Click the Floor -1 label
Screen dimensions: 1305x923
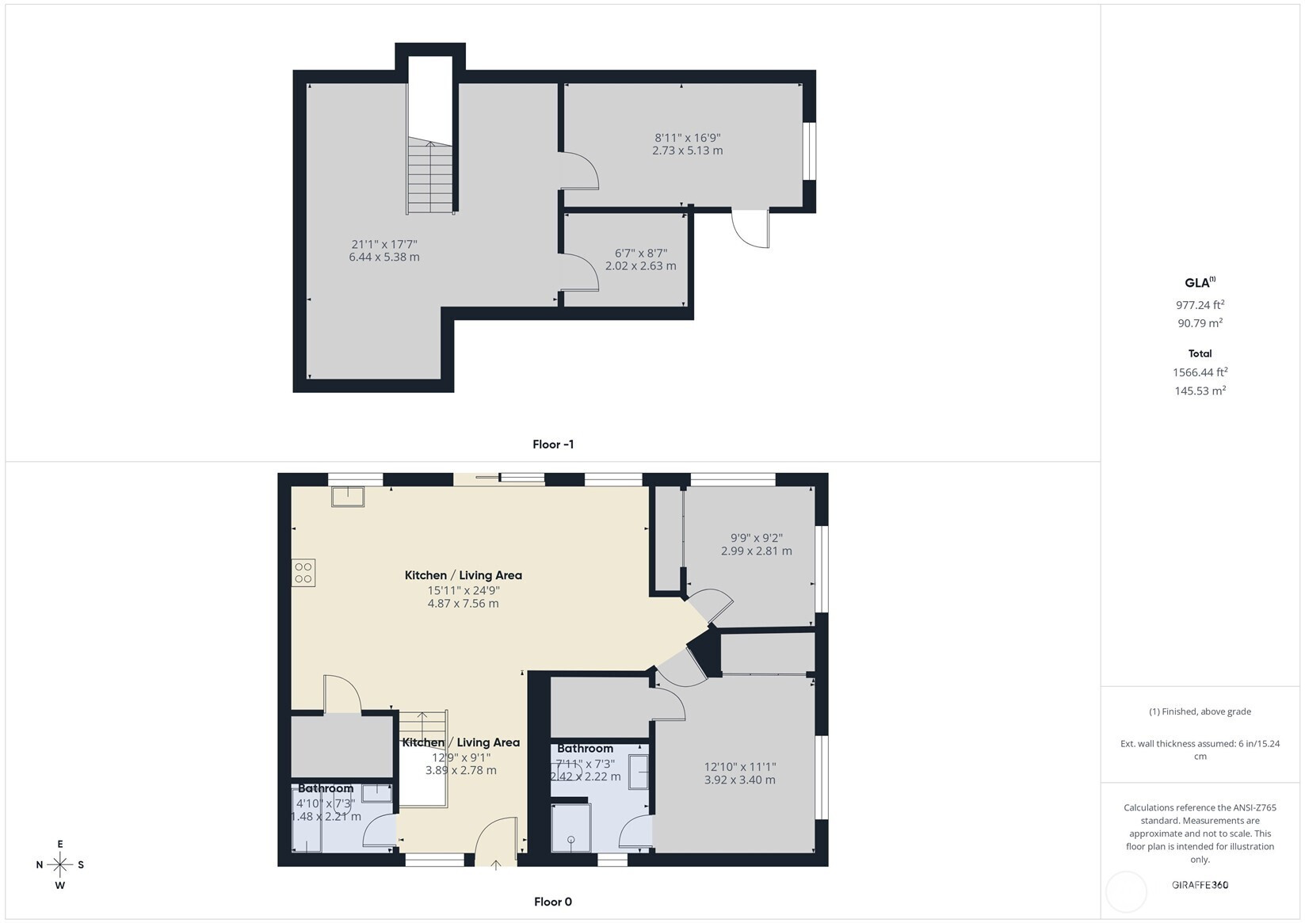(x=553, y=444)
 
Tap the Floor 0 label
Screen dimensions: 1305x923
(x=553, y=902)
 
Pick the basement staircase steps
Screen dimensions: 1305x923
(x=430, y=175)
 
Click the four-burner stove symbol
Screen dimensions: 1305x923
(x=303, y=573)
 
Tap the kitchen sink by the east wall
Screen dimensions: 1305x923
(x=348, y=497)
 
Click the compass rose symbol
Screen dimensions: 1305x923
(x=60, y=864)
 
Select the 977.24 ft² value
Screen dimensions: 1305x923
(x=1200, y=304)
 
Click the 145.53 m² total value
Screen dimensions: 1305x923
(x=1200, y=391)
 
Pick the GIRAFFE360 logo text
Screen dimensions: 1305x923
(x=1200, y=884)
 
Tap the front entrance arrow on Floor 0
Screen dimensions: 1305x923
(x=496, y=864)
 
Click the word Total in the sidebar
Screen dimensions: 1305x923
(x=1200, y=353)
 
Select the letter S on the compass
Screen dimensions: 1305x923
(x=81, y=864)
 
